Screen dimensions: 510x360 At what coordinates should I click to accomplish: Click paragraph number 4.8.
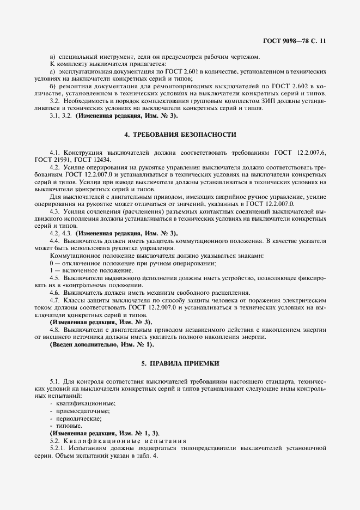coord(54,330)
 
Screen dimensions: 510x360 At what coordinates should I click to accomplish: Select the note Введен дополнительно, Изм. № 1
coord(102,345)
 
